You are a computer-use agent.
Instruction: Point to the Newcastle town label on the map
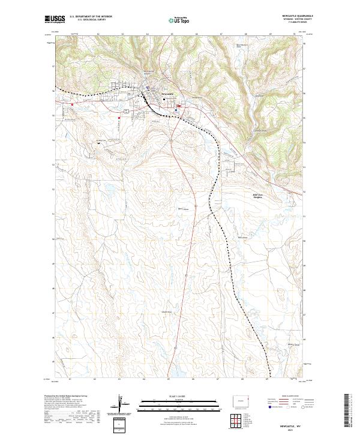[167, 94]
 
